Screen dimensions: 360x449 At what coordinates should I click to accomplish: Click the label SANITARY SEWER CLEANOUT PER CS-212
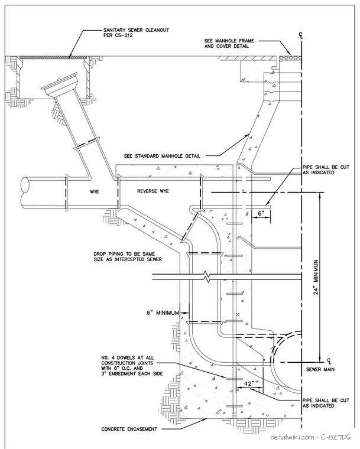[x=136, y=32]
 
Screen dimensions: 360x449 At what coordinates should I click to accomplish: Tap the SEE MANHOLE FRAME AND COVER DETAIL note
[x=229, y=44]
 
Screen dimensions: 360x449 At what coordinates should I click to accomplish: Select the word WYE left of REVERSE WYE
[x=95, y=191]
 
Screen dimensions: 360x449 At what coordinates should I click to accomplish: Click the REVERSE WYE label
[x=153, y=191]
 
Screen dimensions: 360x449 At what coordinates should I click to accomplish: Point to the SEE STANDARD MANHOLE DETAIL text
[x=162, y=156]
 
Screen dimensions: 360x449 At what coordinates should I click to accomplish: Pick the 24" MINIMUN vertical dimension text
[x=316, y=278]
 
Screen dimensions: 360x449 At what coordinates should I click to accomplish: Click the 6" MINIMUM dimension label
[x=163, y=313]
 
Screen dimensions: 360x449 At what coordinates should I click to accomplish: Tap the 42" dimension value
[x=249, y=383]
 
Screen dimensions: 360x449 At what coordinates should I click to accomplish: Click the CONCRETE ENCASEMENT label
[x=129, y=429]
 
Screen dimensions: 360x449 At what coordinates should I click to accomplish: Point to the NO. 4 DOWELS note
[x=132, y=366]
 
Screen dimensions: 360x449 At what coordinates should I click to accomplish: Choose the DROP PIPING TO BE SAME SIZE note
[x=128, y=256]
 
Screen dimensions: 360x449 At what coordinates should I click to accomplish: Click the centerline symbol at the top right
[x=301, y=36]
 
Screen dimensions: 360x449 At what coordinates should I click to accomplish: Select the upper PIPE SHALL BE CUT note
[x=326, y=170]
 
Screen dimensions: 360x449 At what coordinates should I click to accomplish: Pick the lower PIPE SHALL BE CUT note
[x=326, y=403]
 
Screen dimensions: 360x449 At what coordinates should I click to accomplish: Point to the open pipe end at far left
[x=25, y=190]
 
